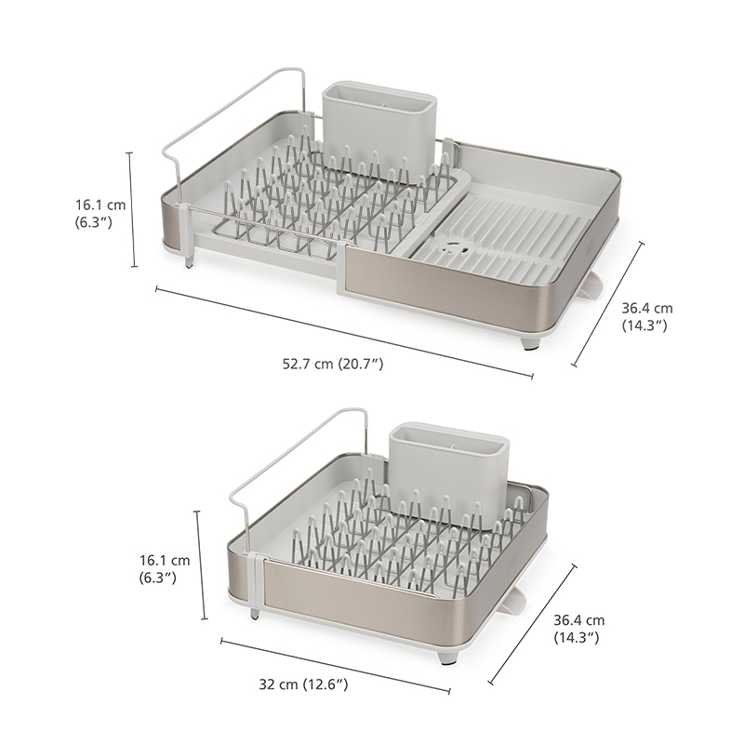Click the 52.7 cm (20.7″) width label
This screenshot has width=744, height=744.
click(333, 364)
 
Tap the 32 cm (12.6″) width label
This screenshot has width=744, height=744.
click(303, 684)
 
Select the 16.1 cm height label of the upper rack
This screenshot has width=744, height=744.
click(100, 214)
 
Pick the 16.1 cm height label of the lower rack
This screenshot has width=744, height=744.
click(165, 569)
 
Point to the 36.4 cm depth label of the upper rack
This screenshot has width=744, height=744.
click(647, 316)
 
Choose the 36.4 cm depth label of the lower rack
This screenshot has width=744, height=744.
click(578, 629)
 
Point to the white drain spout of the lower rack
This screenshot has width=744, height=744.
click(514, 601)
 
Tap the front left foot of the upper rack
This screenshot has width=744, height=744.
click(190, 262)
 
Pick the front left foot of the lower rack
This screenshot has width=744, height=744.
click(255, 615)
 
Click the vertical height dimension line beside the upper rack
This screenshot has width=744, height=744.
click(133, 210)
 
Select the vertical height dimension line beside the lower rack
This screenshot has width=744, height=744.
click(201, 565)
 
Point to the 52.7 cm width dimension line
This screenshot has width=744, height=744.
click(344, 332)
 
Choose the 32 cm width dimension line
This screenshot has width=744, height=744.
click(336, 666)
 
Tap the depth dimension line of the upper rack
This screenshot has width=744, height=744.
click(608, 304)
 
